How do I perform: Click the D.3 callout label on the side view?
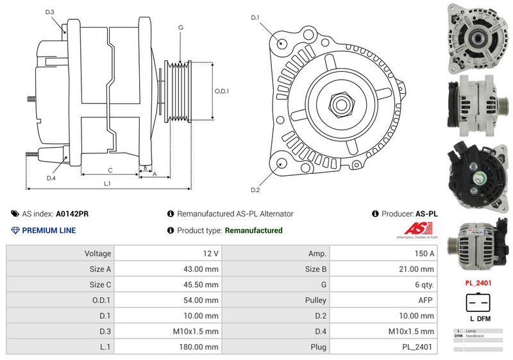point(50,12)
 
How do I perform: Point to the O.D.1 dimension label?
point(221,91)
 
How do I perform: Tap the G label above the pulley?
point(181,28)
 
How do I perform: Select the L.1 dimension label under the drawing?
point(108,184)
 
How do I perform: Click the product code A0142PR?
point(72,214)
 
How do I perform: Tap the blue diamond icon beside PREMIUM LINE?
point(15,230)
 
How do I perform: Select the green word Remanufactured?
point(254,230)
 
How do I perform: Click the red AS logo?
point(421,229)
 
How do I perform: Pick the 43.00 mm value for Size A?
point(168,269)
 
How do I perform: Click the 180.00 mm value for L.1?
point(168,346)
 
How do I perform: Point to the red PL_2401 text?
point(478,281)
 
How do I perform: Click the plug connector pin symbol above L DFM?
point(478,302)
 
